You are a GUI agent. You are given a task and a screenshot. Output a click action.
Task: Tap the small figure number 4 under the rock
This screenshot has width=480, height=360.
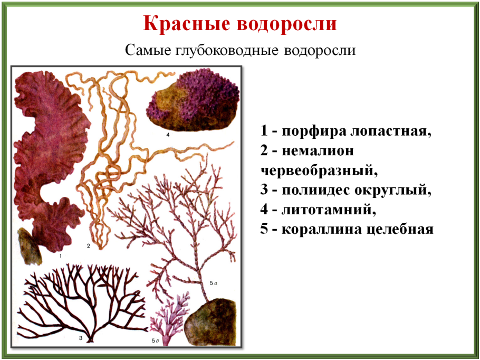167,135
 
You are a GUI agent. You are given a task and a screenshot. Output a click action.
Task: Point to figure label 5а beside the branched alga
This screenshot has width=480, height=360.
214,283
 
